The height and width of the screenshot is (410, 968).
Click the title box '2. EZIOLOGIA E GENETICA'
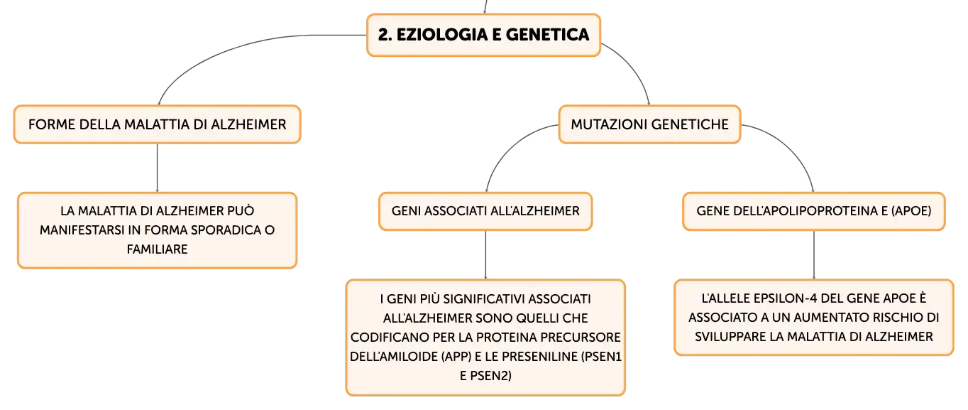(483, 35)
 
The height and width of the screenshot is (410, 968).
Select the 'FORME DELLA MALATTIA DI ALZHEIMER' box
(158, 124)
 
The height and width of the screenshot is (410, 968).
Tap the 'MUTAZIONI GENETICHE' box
(649, 124)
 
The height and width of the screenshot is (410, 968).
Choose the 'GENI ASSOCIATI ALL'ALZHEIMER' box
(485, 211)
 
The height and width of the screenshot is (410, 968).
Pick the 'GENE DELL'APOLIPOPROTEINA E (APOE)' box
(814, 211)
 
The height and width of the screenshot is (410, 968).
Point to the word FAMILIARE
(158, 249)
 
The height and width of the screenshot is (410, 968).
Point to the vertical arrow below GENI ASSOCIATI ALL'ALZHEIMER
(485, 254)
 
